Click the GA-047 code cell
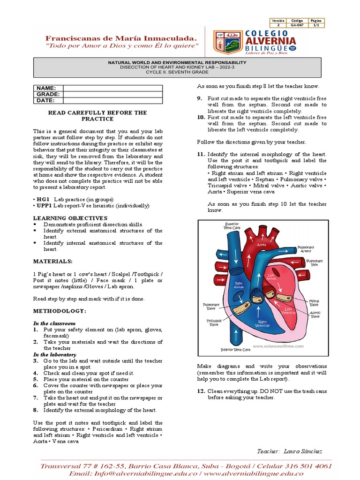click(297, 25)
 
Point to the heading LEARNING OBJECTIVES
click(70, 218)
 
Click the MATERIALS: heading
click(52, 261)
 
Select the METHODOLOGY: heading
click(59, 311)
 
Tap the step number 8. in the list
click(36, 410)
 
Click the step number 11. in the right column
click(201, 154)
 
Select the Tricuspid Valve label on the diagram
click(213, 323)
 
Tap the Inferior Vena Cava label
click(235, 350)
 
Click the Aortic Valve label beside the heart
click(315, 315)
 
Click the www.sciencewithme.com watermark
click(278, 346)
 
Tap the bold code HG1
click(43, 199)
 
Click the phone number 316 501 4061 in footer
click(305, 466)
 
